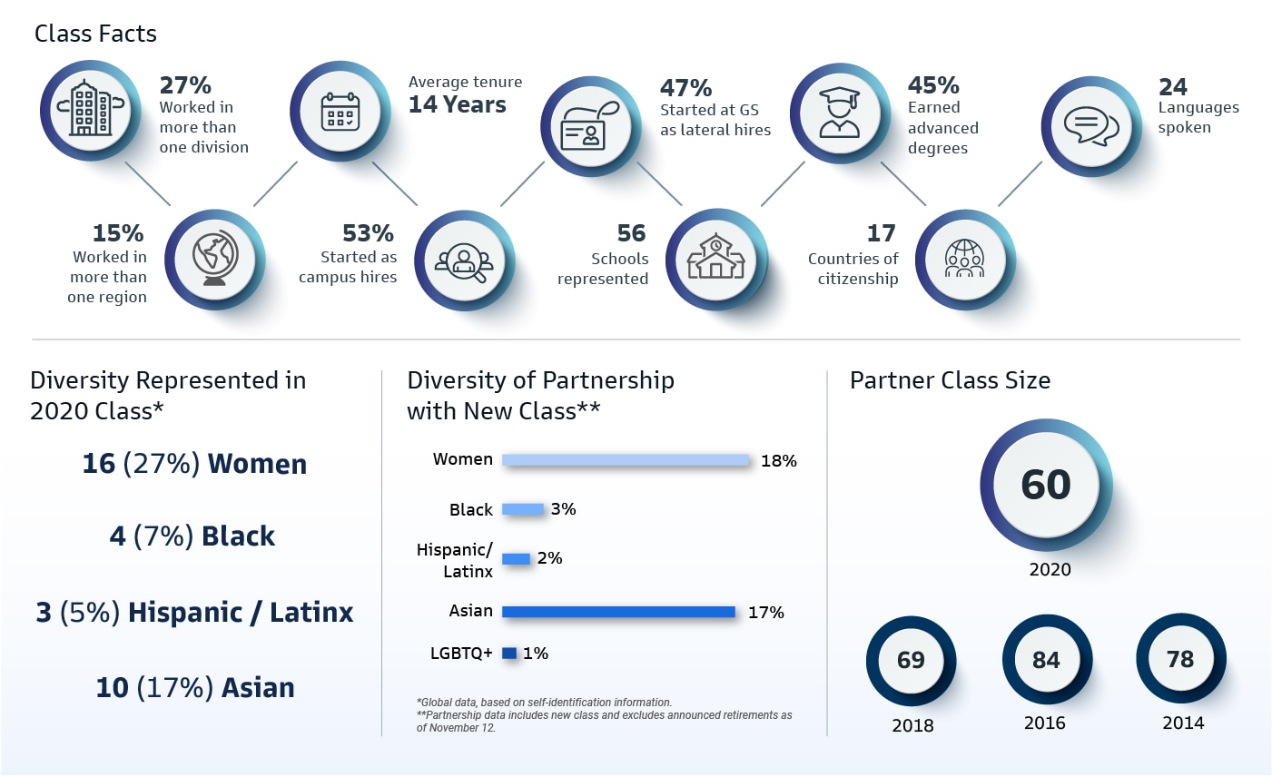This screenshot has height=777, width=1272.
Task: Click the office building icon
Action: (x=90, y=110)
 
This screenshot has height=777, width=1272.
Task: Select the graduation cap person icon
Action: (x=839, y=113)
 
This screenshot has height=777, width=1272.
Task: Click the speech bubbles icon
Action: (x=1090, y=126)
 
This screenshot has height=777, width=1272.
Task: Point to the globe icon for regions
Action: (x=215, y=259)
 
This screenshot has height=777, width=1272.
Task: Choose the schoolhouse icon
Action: (x=715, y=259)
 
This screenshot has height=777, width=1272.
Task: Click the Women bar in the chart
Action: (x=626, y=460)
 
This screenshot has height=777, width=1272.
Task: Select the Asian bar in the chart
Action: (x=618, y=612)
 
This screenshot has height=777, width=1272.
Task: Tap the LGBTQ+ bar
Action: (x=508, y=653)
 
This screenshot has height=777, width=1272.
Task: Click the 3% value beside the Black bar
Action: (x=563, y=509)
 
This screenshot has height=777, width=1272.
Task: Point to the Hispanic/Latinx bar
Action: (x=516, y=558)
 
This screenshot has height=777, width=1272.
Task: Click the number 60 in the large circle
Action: (x=1046, y=485)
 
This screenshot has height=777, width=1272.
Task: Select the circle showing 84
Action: (x=1046, y=660)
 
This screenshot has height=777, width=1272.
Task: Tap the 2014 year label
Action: (x=1183, y=723)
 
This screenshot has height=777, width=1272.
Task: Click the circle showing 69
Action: (x=911, y=660)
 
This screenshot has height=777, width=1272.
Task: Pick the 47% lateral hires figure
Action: (x=685, y=88)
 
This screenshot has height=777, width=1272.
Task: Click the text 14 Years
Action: (x=457, y=105)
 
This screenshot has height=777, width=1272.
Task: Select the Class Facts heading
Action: (x=95, y=34)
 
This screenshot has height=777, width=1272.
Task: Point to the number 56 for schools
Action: (x=631, y=234)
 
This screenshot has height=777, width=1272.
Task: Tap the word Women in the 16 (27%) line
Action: (x=257, y=464)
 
